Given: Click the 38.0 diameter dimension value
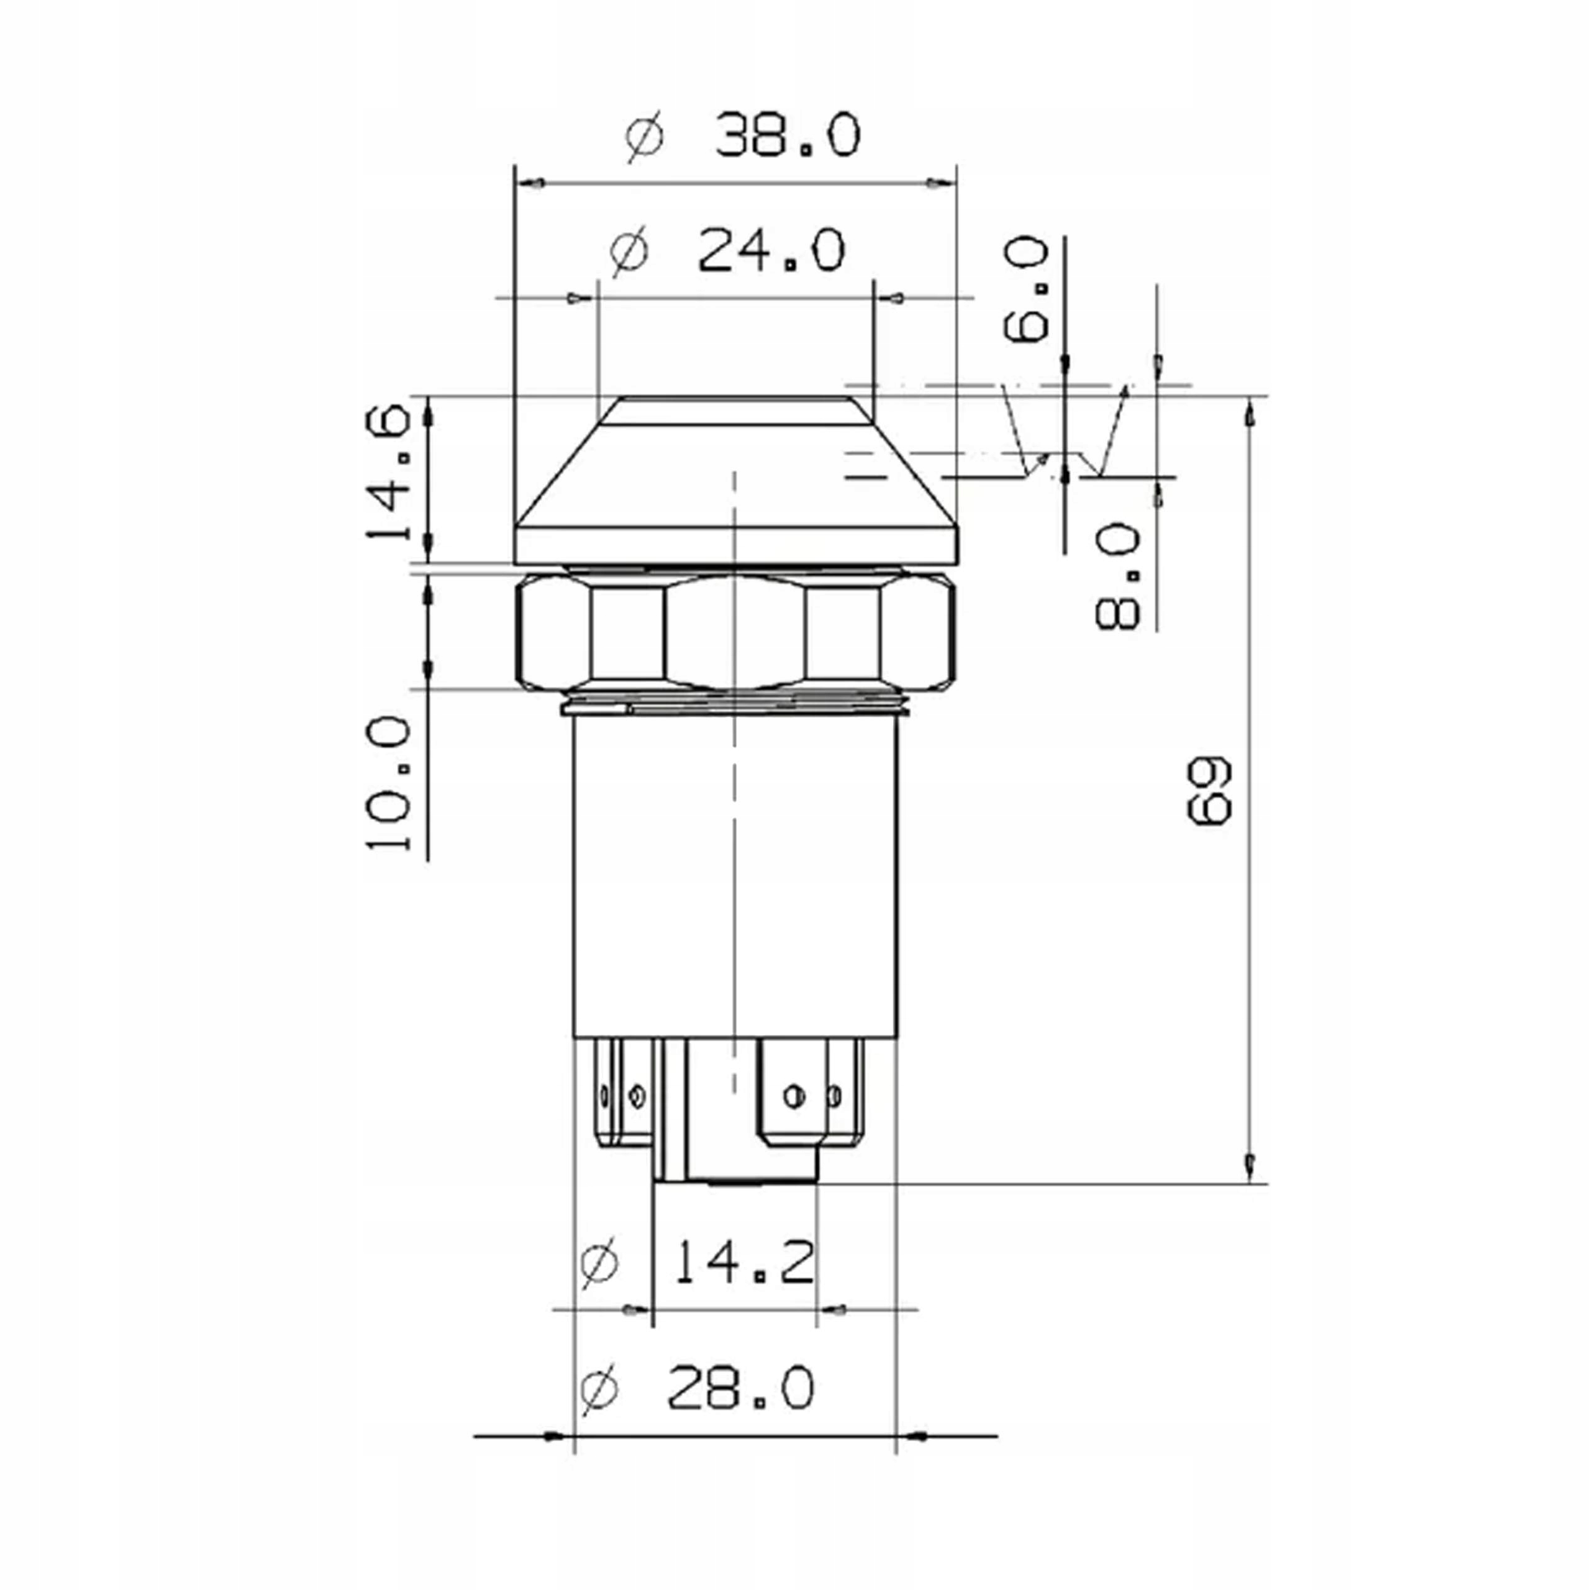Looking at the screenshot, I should click(x=788, y=137).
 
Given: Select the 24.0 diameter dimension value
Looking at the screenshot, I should click(x=771, y=251).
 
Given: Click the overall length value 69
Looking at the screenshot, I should click(x=1209, y=791).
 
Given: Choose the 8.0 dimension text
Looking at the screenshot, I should click(x=1119, y=577).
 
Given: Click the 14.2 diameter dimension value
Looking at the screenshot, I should click(x=744, y=1263).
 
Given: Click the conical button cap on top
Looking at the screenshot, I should click(x=735, y=478).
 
